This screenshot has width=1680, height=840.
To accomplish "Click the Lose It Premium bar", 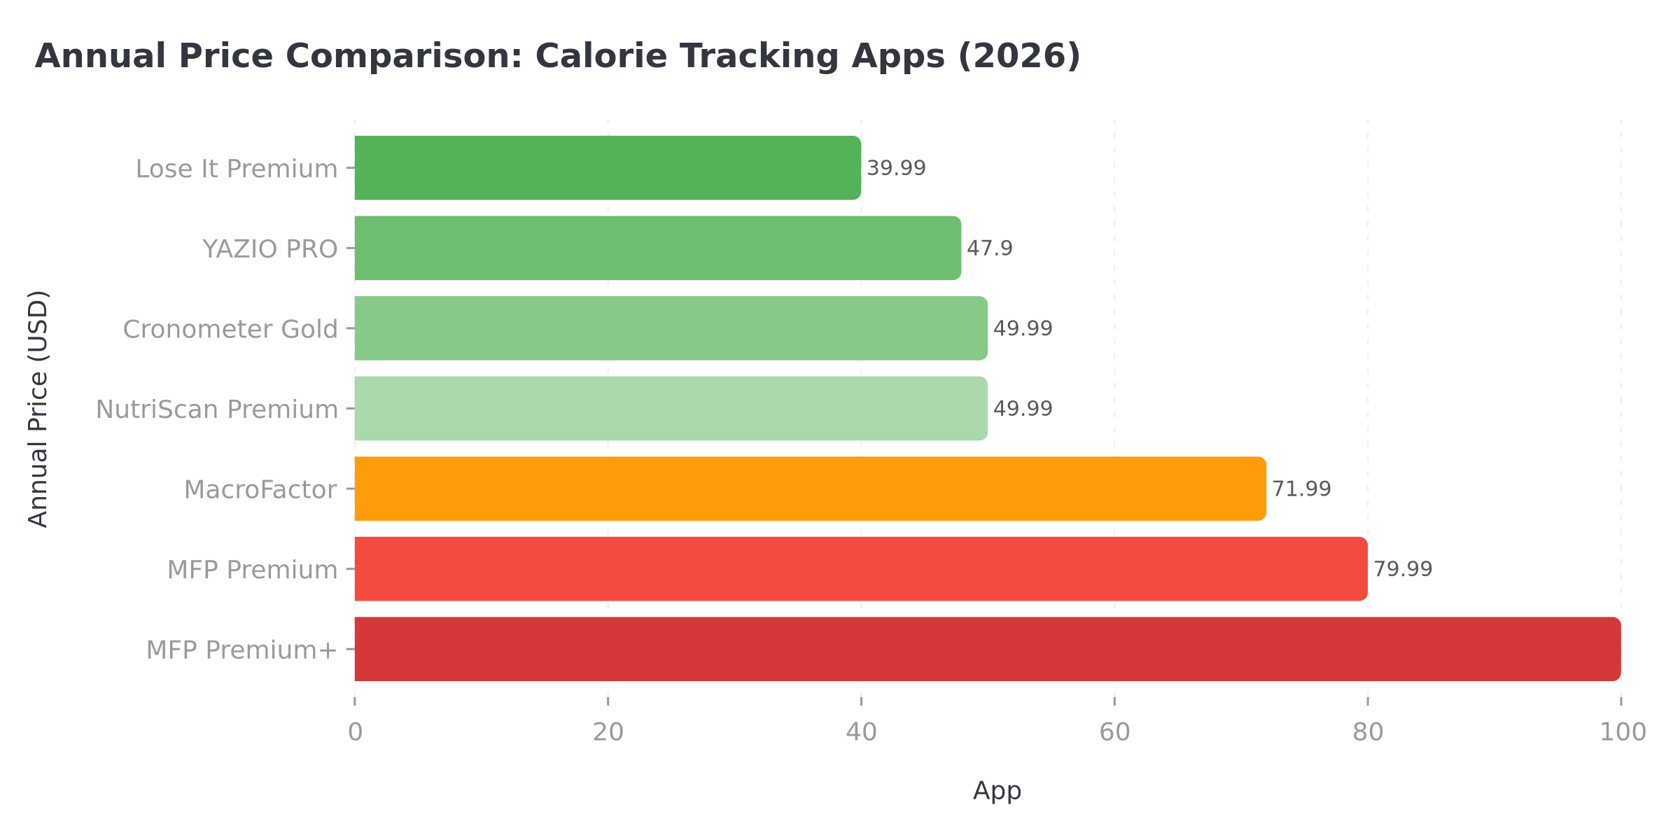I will coord(608,168).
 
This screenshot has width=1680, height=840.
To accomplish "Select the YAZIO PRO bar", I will coord(658,248).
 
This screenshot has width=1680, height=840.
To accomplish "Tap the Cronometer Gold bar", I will coord(671,328).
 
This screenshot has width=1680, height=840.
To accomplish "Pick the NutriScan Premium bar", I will coord(671,408).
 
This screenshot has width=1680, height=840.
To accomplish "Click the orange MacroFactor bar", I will coord(810,489).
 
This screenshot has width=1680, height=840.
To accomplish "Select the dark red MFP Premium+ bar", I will coord(987,649).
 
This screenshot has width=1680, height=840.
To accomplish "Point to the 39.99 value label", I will coord(896,168).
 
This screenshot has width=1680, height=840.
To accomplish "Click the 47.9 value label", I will coord(990,248).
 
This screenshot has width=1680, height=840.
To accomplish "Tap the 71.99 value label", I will coord(1301,489).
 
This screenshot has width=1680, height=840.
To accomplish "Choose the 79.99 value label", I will coord(1403,569).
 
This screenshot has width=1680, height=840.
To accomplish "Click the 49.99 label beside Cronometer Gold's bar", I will coord(1023,328).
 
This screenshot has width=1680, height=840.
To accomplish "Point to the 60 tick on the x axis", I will coord(1114,732).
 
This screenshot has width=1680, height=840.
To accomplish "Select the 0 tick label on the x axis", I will coord(355,732).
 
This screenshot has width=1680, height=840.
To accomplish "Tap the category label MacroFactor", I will coord(260,489).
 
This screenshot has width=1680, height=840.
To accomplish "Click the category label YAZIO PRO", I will coord(269,248).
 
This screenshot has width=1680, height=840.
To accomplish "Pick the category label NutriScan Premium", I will coord(216,409).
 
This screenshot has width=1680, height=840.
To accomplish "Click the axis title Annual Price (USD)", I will coord(38,408).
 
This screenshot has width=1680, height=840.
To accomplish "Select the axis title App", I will coord(997,791).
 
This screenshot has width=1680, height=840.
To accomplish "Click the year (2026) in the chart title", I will coord(1018,56).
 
